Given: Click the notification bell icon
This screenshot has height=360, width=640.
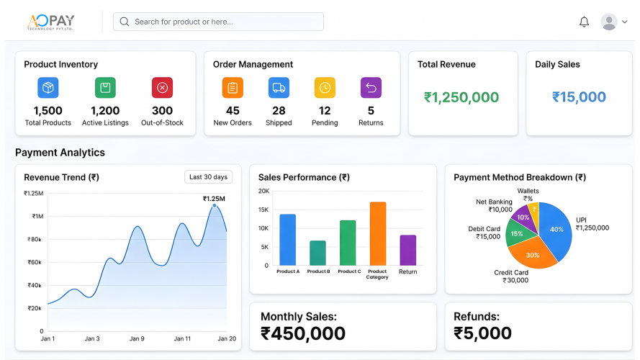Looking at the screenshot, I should coord(584,22).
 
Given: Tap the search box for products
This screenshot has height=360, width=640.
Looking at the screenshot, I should coord(218,22).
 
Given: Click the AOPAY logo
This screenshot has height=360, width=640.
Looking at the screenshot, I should coord(50,22).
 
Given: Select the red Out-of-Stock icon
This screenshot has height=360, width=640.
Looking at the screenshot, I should coord(162,88).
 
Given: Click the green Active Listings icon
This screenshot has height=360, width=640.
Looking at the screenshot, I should coord(105,88).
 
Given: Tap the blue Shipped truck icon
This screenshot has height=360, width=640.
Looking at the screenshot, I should coord(279,88).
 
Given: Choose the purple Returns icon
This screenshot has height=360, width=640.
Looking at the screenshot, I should coord(371,88).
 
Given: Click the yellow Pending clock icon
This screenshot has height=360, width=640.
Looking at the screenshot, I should coord(325,88).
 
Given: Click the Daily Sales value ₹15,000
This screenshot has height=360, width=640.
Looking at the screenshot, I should coord(579,97).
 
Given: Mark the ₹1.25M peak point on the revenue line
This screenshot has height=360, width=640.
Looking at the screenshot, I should coord(215,206).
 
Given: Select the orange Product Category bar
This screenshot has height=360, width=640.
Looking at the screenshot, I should coord(378,233).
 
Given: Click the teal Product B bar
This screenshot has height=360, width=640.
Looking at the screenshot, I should coord(317,253).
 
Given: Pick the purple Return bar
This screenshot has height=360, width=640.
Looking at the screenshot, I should coord(408,250).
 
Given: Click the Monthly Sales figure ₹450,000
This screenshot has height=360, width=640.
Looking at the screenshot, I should coord(302,333).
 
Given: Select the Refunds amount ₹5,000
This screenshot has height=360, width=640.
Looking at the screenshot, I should coord(482,333).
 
